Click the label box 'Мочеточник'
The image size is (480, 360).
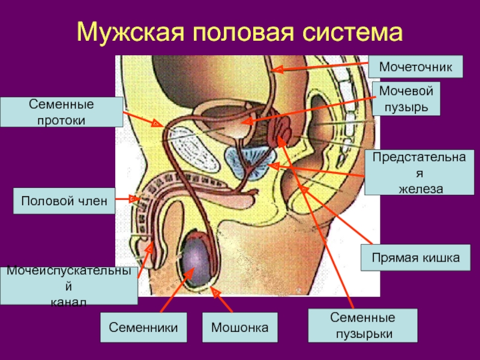(x=421, y=67)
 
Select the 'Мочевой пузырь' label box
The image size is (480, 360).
(x=407, y=100)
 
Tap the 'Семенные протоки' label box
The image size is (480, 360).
(x=61, y=112)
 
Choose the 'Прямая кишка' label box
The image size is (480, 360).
(x=415, y=257)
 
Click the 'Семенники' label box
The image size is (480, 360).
(x=143, y=328)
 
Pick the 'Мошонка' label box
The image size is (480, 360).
(x=239, y=328)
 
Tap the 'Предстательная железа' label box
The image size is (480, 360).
(x=415, y=173)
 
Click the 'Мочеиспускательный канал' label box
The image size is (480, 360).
(x=69, y=286)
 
